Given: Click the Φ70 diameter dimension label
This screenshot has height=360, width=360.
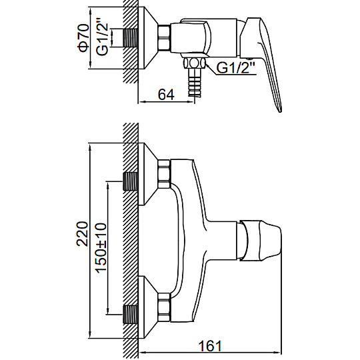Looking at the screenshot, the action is [83, 37].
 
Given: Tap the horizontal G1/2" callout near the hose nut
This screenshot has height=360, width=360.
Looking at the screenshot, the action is [236, 67].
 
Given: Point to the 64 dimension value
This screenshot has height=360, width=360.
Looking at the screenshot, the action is [166, 94].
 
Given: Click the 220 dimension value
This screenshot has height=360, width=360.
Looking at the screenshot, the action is [82, 234].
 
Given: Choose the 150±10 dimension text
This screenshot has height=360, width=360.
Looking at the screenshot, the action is [101, 248].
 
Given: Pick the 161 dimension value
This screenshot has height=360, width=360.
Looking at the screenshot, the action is [210, 346].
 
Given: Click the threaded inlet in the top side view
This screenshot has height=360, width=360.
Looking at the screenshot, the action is [131, 38].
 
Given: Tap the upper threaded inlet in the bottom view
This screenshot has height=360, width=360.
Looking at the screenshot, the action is [131, 181].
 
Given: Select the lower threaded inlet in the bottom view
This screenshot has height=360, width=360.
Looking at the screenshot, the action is [131, 314].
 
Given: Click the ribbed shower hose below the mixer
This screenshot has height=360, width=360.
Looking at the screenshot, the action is [195, 82].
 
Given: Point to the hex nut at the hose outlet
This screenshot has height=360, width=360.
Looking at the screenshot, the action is [194, 63].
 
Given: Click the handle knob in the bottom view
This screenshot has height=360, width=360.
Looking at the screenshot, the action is [261, 241].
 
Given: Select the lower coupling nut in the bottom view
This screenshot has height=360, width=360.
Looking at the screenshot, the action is [164, 307].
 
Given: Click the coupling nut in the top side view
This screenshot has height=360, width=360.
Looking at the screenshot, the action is [164, 38].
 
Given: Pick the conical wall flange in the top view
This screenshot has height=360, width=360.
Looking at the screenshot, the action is [148, 38].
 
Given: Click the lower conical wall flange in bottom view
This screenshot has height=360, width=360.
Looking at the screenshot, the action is [148, 307].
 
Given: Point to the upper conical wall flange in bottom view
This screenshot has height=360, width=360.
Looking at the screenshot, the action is [148, 174].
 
